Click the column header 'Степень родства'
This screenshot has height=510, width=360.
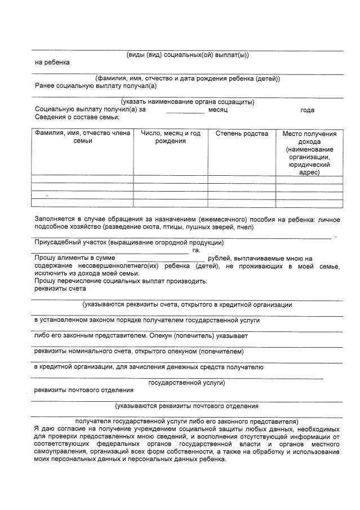pyautogui.click(x=241, y=134)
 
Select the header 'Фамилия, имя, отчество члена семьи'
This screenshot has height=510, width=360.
pyautogui.click(x=82, y=137)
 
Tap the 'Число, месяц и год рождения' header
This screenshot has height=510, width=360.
pyautogui.click(x=170, y=137)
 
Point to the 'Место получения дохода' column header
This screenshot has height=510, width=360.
pyautogui.click(x=309, y=153)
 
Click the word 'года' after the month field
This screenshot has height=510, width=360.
pyautogui.click(x=307, y=110)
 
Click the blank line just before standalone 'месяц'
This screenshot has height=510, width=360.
pyautogui.click(x=185, y=112)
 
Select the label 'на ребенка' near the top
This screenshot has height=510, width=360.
pyautogui.click(x=52, y=63)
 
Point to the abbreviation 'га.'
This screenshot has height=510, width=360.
pyautogui.click(x=196, y=250)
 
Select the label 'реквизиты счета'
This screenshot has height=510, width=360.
pyautogui.click(x=60, y=289)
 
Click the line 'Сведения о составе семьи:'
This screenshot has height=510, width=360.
pyautogui.click(x=77, y=117)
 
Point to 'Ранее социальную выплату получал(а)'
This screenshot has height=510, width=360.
pyautogui.click(x=95, y=86)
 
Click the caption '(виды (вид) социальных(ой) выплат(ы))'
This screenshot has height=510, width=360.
pyautogui.click(x=187, y=55)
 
